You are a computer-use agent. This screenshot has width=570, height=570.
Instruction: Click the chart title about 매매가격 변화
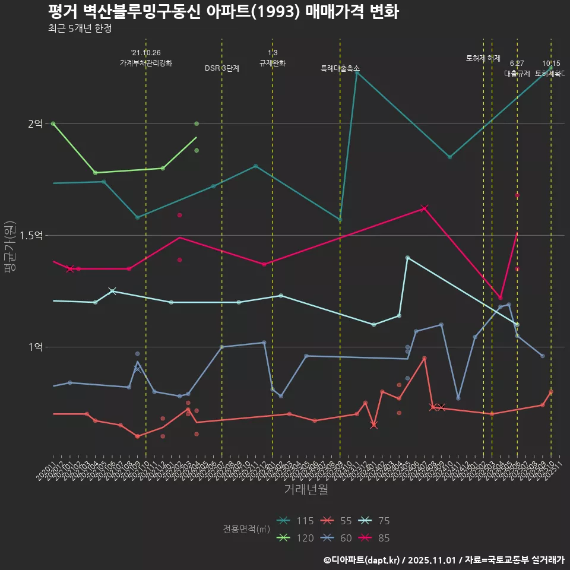tap(223, 12)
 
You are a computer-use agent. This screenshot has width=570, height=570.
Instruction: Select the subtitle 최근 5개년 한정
tap(80, 28)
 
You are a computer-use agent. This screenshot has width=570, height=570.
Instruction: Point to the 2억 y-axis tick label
tap(35, 123)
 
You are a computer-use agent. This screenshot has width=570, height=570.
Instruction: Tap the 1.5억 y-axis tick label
tap(31, 235)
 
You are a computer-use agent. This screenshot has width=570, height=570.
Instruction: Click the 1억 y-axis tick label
tap(35, 347)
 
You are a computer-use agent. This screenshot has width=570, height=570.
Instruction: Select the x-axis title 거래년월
tap(306, 489)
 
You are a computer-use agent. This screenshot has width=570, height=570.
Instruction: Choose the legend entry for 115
tap(297, 521)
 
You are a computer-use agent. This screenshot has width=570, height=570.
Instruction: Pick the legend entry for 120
tap(297, 538)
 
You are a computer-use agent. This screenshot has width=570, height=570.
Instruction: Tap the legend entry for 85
tap(376, 538)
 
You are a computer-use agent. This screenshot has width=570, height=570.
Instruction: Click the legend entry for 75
tap(376, 521)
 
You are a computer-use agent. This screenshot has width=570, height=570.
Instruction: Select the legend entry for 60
tap(337, 538)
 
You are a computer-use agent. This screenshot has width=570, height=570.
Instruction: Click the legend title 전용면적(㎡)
tap(246, 529)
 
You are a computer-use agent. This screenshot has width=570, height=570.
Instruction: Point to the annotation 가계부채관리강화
tap(146, 63)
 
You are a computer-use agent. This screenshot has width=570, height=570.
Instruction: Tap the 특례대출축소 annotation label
tap(340, 69)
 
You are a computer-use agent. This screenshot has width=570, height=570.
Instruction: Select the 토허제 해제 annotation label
tap(483, 58)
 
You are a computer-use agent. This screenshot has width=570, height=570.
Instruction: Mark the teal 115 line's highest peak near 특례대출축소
tap(356, 72)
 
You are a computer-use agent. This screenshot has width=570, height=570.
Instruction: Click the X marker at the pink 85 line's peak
tap(424, 208)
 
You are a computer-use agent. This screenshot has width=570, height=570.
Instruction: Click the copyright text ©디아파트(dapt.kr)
tap(362, 560)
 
